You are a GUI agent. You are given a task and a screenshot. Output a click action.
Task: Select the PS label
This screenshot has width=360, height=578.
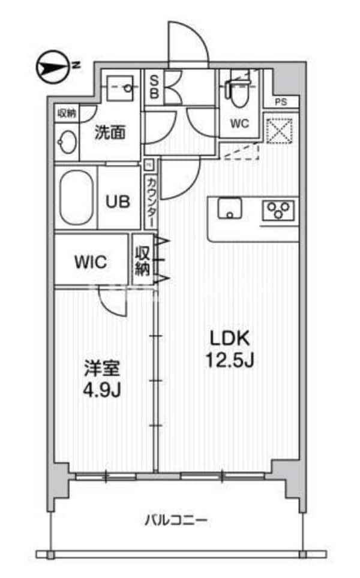pyautogui.click(x=280, y=102)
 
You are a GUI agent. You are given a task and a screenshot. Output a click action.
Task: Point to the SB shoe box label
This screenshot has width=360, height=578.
pyautogui.click(x=154, y=87)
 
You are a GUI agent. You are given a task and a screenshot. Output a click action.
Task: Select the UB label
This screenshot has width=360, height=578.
pyautogui.click(x=118, y=201)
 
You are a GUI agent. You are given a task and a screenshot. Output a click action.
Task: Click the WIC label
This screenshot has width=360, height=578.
pyautogui.click(x=91, y=262)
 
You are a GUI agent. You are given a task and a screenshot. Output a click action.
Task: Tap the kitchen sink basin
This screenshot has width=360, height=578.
pyautogui.click(x=228, y=210)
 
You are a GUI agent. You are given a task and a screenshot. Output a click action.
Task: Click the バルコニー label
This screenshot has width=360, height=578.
pyautogui.click(x=177, y=519)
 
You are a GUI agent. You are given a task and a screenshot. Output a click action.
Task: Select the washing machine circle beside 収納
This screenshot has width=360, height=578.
pyautogui.click(x=66, y=142)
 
